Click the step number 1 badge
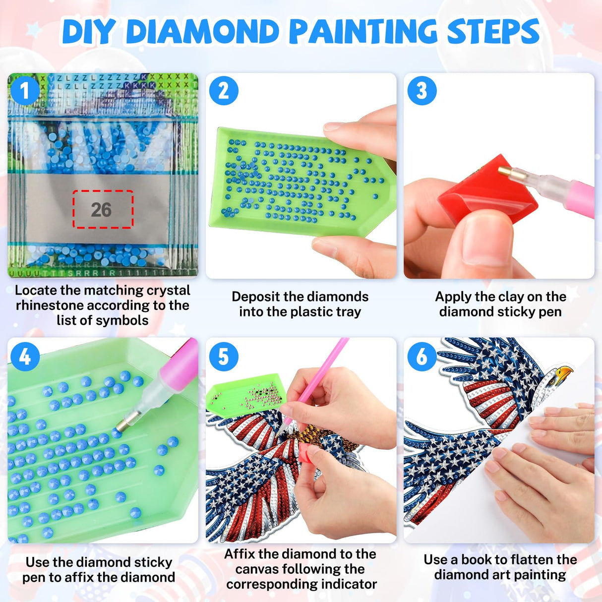(25, 91)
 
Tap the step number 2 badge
(223, 91)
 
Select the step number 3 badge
(421, 91)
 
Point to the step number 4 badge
(25, 357)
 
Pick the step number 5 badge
(223, 357)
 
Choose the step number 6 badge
(421, 357)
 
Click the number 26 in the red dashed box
(101, 210)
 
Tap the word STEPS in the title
(493, 32)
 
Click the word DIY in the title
(88, 33)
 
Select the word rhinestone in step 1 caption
(51, 305)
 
